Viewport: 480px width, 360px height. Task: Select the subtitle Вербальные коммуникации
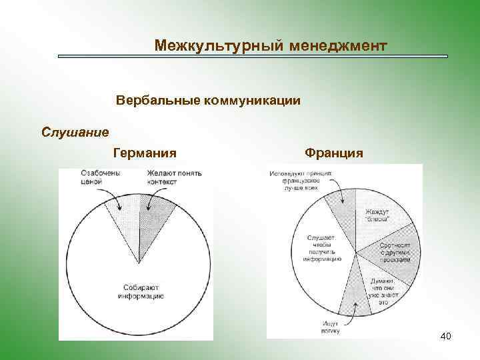point(208,101)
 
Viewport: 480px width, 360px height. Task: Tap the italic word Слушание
point(75,131)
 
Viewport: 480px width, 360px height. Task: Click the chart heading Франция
point(333,153)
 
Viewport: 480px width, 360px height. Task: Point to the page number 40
point(445,336)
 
